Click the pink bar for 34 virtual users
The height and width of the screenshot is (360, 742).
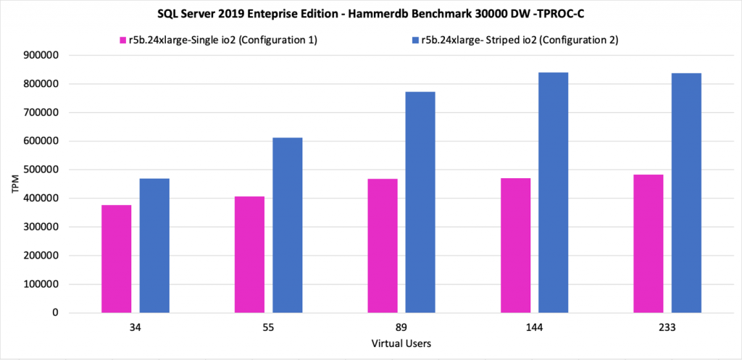pos(116,259)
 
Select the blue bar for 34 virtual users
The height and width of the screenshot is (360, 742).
pos(154,246)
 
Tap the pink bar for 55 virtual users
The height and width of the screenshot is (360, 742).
pos(249,254)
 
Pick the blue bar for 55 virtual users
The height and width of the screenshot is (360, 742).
pos(288,225)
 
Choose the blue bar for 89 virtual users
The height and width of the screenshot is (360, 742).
pos(420,202)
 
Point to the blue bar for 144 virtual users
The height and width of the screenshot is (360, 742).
pos(554,193)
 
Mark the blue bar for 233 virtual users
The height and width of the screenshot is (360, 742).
pos(686,193)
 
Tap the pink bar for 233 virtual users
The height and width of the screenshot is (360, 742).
pos(648,243)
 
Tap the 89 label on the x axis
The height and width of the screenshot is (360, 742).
pos(401,328)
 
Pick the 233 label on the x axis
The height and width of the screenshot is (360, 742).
pos(667,328)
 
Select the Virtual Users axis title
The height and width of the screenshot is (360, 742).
pos(401,343)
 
